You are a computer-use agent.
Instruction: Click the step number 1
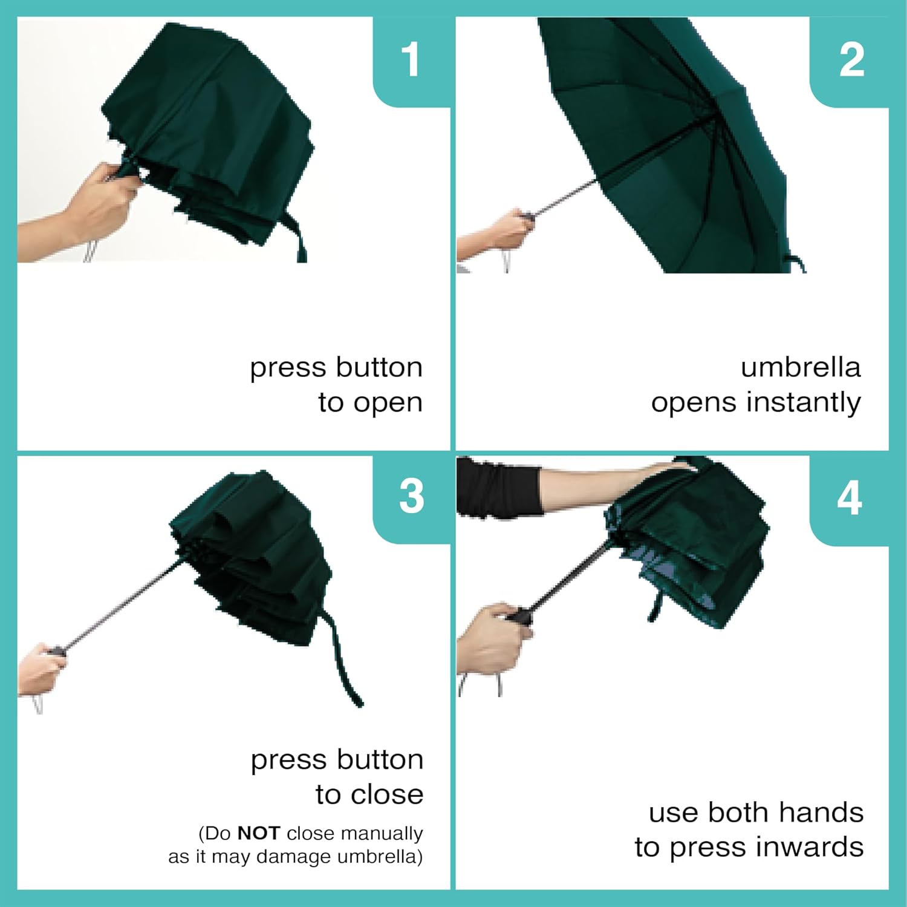(411, 59)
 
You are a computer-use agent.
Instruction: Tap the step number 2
(851, 59)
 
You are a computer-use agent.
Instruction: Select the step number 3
(412, 496)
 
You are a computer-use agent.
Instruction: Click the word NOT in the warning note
(258, 833)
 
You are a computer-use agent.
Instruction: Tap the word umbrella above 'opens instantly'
(801, 367)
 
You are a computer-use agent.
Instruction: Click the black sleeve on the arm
(499, 488)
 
